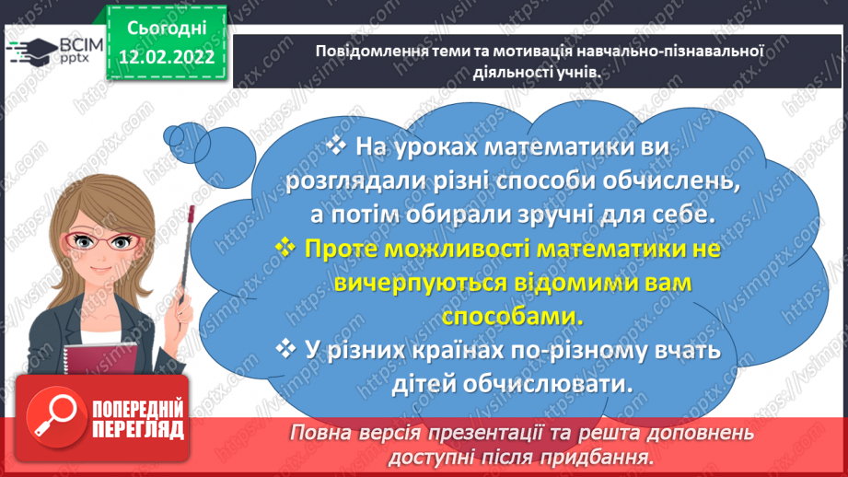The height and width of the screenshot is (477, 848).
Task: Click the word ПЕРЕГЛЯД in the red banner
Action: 137,430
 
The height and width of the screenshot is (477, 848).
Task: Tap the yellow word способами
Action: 513,315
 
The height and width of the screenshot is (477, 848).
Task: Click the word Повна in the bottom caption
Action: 324,433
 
